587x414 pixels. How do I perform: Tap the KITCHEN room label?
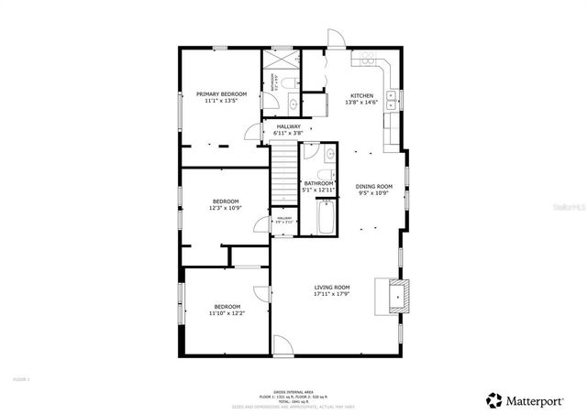tap(361, 95)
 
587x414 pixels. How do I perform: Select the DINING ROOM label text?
tap(373, 186)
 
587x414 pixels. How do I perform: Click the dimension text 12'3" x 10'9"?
tap(227, 208)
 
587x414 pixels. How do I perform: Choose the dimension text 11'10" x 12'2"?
tap(227, 313)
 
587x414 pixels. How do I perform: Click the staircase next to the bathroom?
tap(283, 173)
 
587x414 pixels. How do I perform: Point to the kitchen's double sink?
tap(393, 97)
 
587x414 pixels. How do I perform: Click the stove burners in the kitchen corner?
tap(367, 59)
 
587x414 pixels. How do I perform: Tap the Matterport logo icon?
tap(494, 399)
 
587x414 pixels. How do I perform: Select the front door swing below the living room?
tap(284, 345)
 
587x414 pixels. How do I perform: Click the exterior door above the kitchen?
tap(337, 41)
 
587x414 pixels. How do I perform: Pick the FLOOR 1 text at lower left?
tap(21, 378)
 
